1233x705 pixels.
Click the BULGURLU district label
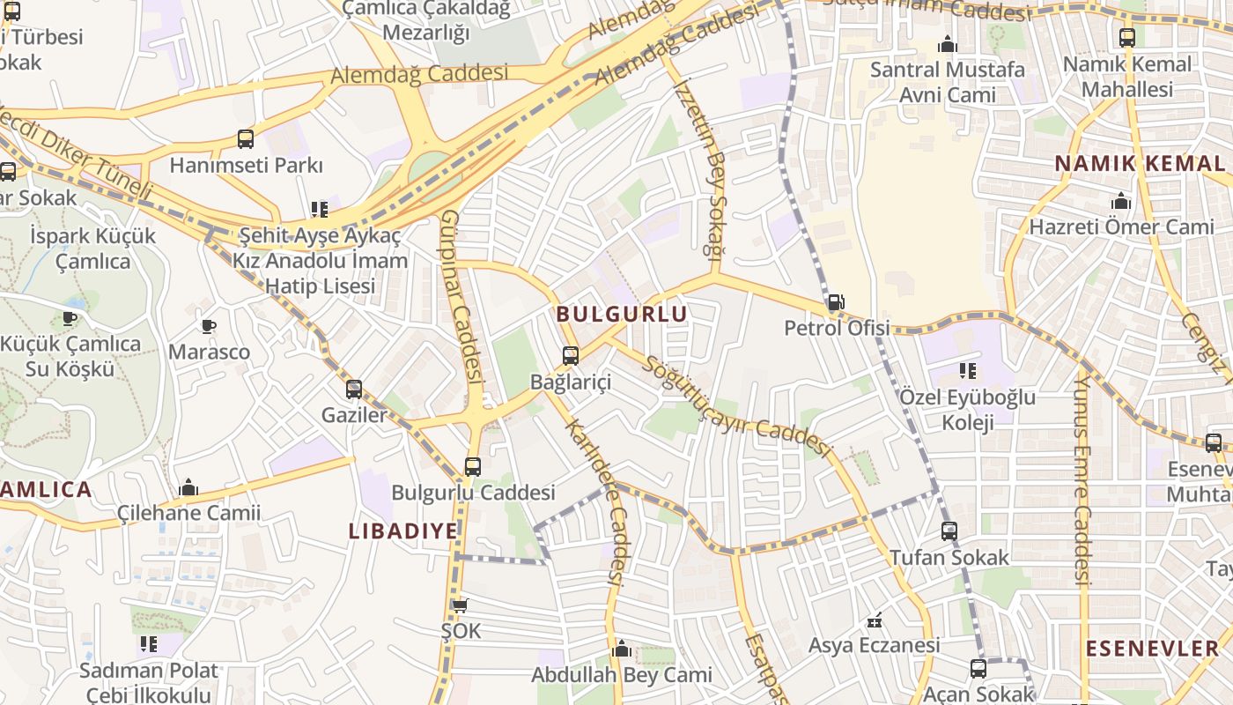point(622,314)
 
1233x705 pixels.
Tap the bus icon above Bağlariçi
point(571,356)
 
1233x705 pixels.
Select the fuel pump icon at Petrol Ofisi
point(836,303)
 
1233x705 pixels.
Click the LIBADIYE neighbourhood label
point(403,531)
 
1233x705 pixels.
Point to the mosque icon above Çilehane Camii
point(188,488)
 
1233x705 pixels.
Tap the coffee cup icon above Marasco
point(209,327)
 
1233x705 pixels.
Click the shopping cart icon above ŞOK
point(460,605)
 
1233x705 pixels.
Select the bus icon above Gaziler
point(354,390)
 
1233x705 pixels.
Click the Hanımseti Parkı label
point(246,166)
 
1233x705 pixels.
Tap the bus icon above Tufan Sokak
point(949,531)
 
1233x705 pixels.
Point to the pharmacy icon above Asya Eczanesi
point(875,620)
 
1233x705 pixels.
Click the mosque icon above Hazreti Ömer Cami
point(1121,202)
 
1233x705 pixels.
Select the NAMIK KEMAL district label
point(1139,164)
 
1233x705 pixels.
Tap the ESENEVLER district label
point(1152,649)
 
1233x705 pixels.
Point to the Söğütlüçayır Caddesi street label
point(738,407)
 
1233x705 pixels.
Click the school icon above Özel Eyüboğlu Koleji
point(968,372)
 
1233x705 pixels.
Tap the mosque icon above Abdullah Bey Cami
point(622,650)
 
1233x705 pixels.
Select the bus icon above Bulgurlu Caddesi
point(473,467)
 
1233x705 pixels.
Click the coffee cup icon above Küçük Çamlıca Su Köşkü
point(70,318)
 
